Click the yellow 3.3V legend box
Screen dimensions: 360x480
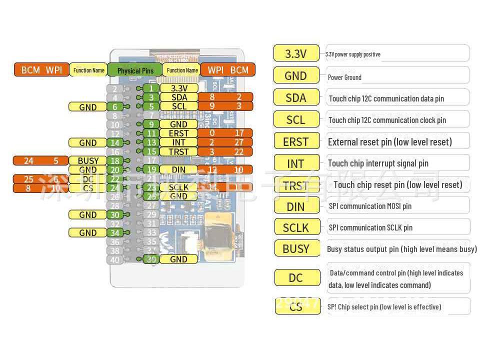click(296, 53)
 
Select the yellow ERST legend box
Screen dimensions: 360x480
click(296, 141)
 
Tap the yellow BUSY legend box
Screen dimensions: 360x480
click(296, 248)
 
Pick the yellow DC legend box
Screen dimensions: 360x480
click(296, 277)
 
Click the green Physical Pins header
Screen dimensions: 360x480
click(135, 70)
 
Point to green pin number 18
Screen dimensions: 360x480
click(115, 161)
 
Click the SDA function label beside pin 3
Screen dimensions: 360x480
click(178, 97)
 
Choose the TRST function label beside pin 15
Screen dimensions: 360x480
click(178, 151)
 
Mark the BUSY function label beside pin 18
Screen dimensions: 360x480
click(88, 161)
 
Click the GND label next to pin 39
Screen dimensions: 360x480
click(178, 259)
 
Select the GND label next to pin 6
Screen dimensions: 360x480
click(88, 107)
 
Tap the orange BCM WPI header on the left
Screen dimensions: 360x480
click(41, 70)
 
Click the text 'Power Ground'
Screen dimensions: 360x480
click(344, 77)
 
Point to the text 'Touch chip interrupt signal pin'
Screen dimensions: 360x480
click(378, 163)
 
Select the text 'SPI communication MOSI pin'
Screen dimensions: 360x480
click(370, 206)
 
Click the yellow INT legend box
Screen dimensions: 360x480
click(296, 163)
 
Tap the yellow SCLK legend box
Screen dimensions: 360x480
click(296, 227)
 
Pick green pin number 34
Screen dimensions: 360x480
click(115, 233)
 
